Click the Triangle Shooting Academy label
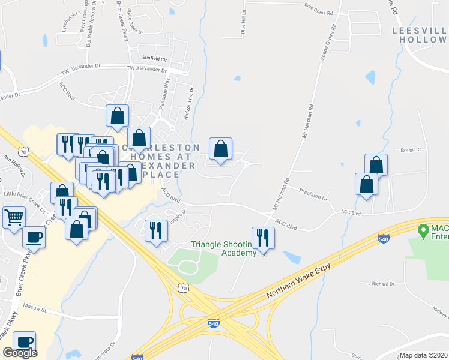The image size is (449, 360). click(x=218, y=248)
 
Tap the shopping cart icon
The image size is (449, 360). click(x=13, y=217)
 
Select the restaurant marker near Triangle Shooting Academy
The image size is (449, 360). click(x=263, y=238)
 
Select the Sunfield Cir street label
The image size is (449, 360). click(x=154, y=58)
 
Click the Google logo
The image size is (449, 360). click(x=20, y=353)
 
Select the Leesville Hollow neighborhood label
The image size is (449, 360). click(x=420, y=34)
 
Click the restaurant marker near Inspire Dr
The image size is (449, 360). click(x=156, y=230)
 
